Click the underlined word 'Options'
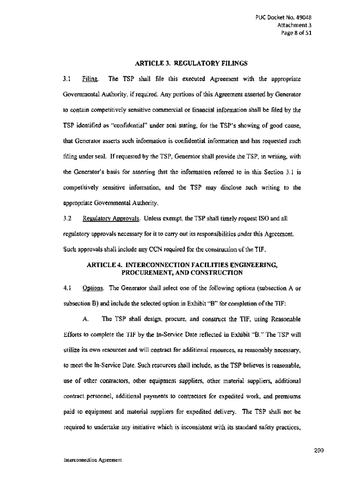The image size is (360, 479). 92,288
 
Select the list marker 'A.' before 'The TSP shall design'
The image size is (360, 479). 86,319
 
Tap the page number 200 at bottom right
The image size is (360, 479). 319,451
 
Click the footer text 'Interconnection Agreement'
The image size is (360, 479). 93,460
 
